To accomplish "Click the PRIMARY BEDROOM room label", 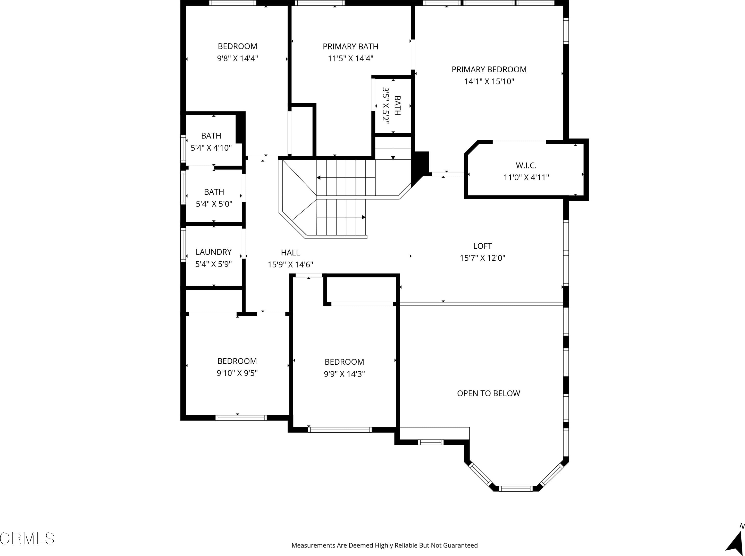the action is (x=489, y=69).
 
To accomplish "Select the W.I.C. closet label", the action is (x=526, y=166).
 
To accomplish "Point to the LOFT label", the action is (x=482, y=246).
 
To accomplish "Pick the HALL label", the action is (x=290, y=252).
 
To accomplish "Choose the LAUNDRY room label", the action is (x=214, y=252).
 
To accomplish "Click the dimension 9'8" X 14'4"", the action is (x=237, y=58).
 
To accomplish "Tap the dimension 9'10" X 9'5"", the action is (x=237, y=373).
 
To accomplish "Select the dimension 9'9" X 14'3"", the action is (x=344, y=374).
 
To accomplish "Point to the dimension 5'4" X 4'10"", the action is (x=211, y=148).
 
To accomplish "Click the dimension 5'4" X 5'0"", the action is (x=214, y=204).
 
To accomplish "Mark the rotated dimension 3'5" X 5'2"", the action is (x=386, y=106).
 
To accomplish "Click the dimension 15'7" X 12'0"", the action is (x=483, y=258).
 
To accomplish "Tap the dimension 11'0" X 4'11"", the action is (x=526, y=177).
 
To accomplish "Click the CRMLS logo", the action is (x=27, y=538).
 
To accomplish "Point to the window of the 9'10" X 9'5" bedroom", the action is (x=241, y=418).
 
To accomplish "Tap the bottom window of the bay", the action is (x=516, y=489).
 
